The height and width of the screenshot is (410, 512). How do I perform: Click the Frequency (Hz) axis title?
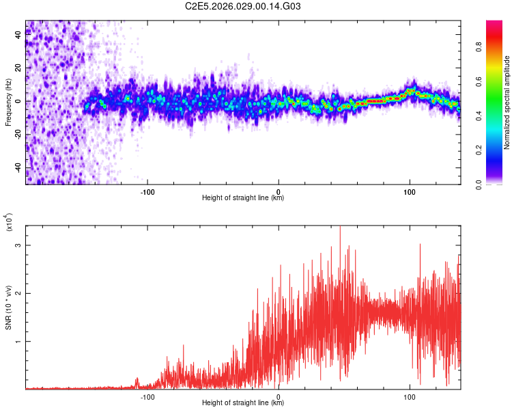[x=8, y=102]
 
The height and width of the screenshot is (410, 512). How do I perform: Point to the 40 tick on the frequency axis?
[x=18, y=35]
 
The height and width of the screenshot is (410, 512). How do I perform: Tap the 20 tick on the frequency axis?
[x=18, y=68]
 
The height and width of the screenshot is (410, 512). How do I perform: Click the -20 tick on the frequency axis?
[x=17, y=135]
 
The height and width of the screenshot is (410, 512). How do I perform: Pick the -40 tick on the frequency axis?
[x=17, y=167]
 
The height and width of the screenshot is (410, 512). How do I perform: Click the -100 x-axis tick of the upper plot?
[x=147, y=191]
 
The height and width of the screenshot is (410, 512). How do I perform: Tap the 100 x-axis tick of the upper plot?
[x=410, y=191]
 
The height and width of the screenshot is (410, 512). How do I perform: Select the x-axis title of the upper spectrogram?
[x=243, y=198]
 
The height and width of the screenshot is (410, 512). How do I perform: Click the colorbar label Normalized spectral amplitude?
[x=507, y=102]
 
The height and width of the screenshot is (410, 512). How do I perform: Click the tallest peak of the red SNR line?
[x=339, y=228]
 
